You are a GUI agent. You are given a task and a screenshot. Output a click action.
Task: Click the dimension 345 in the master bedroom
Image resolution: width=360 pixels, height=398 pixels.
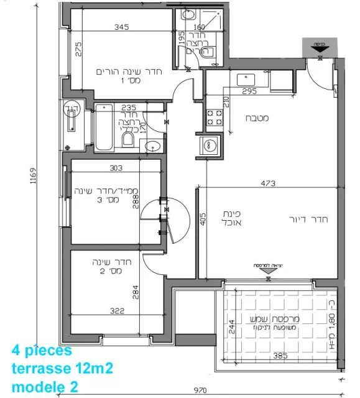tap(121, 27)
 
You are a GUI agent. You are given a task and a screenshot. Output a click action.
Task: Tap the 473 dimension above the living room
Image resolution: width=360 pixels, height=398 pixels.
tap(268, 183)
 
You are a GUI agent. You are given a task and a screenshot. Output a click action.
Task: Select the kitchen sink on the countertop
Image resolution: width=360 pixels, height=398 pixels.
tap(247, 79)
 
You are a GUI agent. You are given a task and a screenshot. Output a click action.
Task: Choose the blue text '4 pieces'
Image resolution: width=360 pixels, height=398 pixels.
tap(42, 351)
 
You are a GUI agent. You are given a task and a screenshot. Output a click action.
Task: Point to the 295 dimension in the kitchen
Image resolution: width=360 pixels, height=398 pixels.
tap(249, 91)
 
